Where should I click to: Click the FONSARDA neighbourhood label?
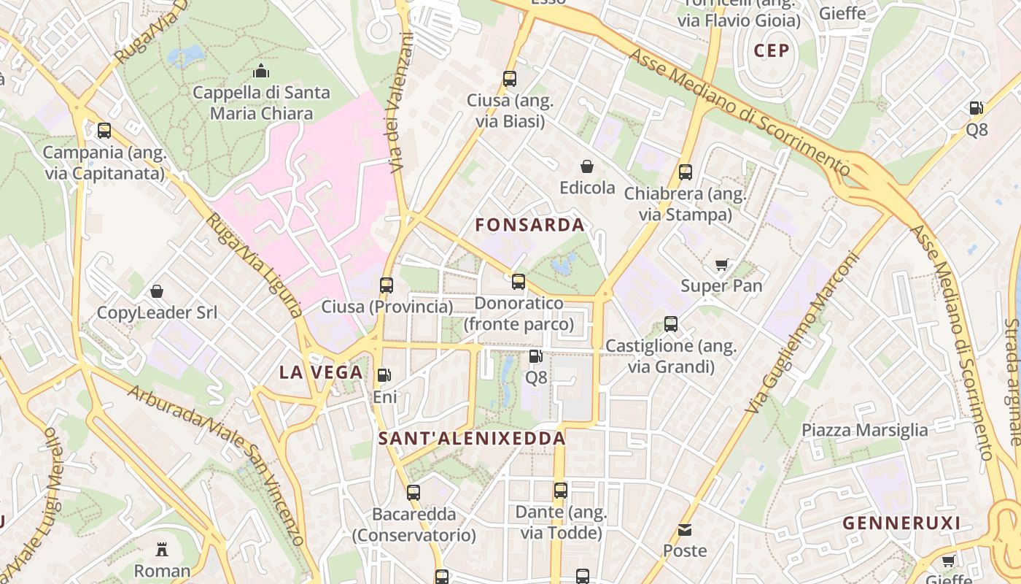click(x=530, y=225)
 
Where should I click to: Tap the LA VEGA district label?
click(x=322, y=372)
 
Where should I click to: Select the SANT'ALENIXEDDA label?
click(x=473, y=439)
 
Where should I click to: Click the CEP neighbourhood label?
click(x=772, y=50)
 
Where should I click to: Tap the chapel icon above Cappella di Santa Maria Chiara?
click(x=261, y=72)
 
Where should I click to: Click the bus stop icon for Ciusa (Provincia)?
click(x=387, y=285)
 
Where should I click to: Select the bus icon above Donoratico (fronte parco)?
click(x=519, y=281)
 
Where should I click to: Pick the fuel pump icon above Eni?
click(x=384, y=376)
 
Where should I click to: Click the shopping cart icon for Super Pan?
click(x=721, y=265)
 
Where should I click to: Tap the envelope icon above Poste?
click(x=685, y=530)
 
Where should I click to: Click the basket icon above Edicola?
click(x=587, y=167)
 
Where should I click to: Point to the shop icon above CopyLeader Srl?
click(x=157, y=292)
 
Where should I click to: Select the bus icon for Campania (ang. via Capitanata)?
click(x=104, y=131)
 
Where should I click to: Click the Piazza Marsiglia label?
click(x=865, y=430)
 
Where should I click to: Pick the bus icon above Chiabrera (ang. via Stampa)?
click(x=686, y=172)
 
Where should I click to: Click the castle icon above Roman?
click(x=162, y=549)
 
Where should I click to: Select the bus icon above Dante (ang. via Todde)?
click(x=560, y=491)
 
